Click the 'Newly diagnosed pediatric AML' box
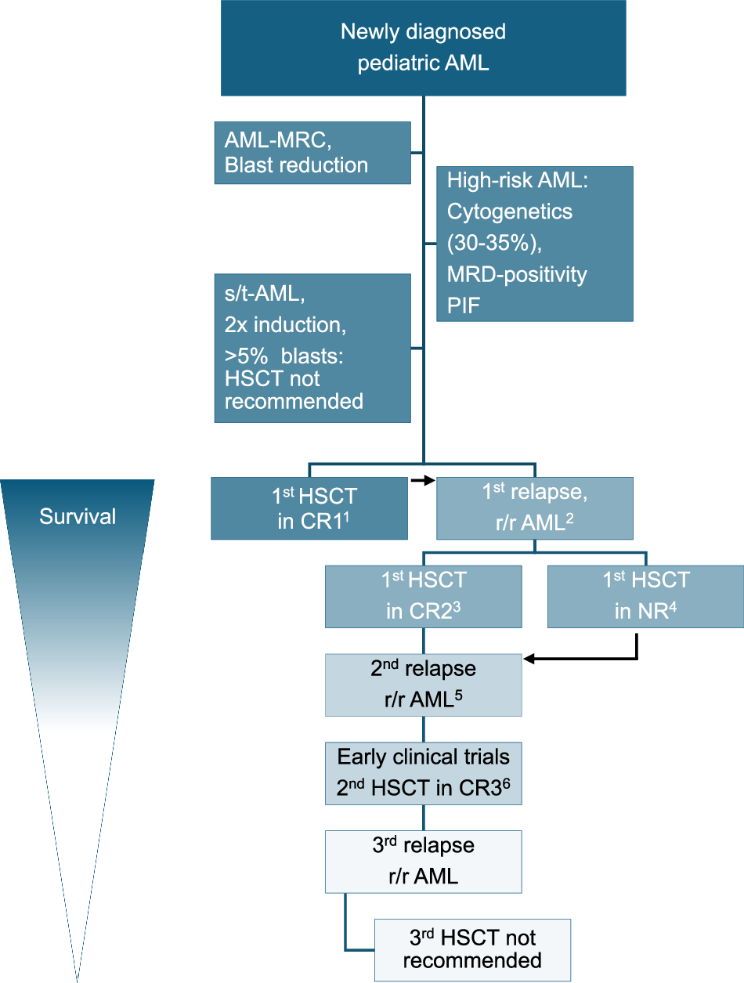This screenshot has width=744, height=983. point(423,48)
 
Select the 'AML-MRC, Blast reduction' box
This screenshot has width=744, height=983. point(312,153)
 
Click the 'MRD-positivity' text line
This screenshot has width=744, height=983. point(517,274)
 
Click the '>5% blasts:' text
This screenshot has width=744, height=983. point(289,357)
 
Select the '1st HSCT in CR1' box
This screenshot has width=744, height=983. point(309,508)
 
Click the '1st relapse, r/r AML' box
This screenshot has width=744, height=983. point(534,508)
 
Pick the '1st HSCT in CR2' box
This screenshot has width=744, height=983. point(424,597)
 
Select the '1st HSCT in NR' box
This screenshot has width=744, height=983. point(645,597)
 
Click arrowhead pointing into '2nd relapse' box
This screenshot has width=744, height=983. point(528,660)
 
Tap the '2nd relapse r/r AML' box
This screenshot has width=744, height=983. point(424,685)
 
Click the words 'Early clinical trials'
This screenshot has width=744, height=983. point(424,757)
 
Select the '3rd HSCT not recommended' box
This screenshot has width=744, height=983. point(472,949)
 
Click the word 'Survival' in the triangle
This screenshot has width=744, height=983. point(78,517)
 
